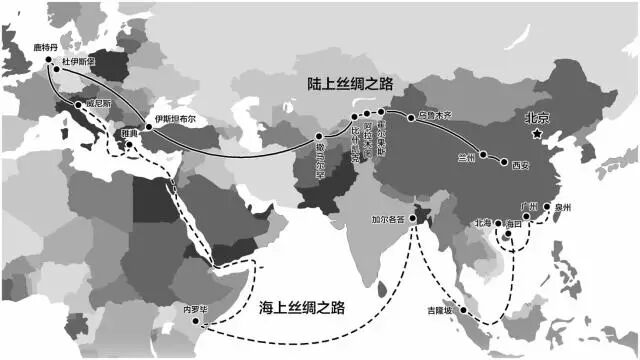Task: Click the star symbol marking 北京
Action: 537,133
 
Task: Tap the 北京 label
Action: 538,117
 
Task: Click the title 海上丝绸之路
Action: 301,307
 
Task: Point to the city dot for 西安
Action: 501,163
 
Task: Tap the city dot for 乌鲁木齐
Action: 411,118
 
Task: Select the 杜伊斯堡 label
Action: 82,60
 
